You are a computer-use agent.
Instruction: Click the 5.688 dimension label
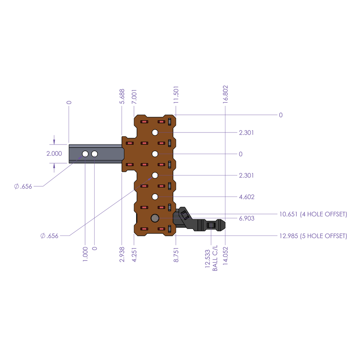pyautogui.click(x=122, y=97)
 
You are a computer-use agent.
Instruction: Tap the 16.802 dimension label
pyautogui.click(x=225, y=94)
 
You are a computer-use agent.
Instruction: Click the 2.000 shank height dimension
pyautogui.click(x=54, y=154)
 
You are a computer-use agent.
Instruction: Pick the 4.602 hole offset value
pyautogui.click(x=246, y=197)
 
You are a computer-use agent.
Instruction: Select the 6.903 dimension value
pyautogui.click(x=246, y=218)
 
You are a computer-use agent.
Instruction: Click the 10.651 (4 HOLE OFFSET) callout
pyautogui.click(x=313, y=214)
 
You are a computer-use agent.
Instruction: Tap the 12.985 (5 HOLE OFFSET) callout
pyautogui.click(x=313, y=236)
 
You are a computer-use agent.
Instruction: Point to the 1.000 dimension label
pyautogui.click(x=85, y=253)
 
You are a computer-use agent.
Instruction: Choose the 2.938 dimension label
pyautogui.click(x=122, y=253)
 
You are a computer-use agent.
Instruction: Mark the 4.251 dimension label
pyautogui.click(x=134, y=253)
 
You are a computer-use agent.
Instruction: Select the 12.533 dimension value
pyautogui.click(x=207, y=259)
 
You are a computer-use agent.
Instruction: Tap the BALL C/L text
pyautogui.click(x=215, y=258)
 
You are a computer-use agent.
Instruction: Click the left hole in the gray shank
pyautogui.click(x=85, y=154)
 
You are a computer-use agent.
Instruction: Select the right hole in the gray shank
pyautogui.click(x=94, y=154)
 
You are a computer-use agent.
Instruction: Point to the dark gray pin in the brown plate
pyautogui.click(x=155, y=218)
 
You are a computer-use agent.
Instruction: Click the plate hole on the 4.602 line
pyautogui.click(x=155, y=197)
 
